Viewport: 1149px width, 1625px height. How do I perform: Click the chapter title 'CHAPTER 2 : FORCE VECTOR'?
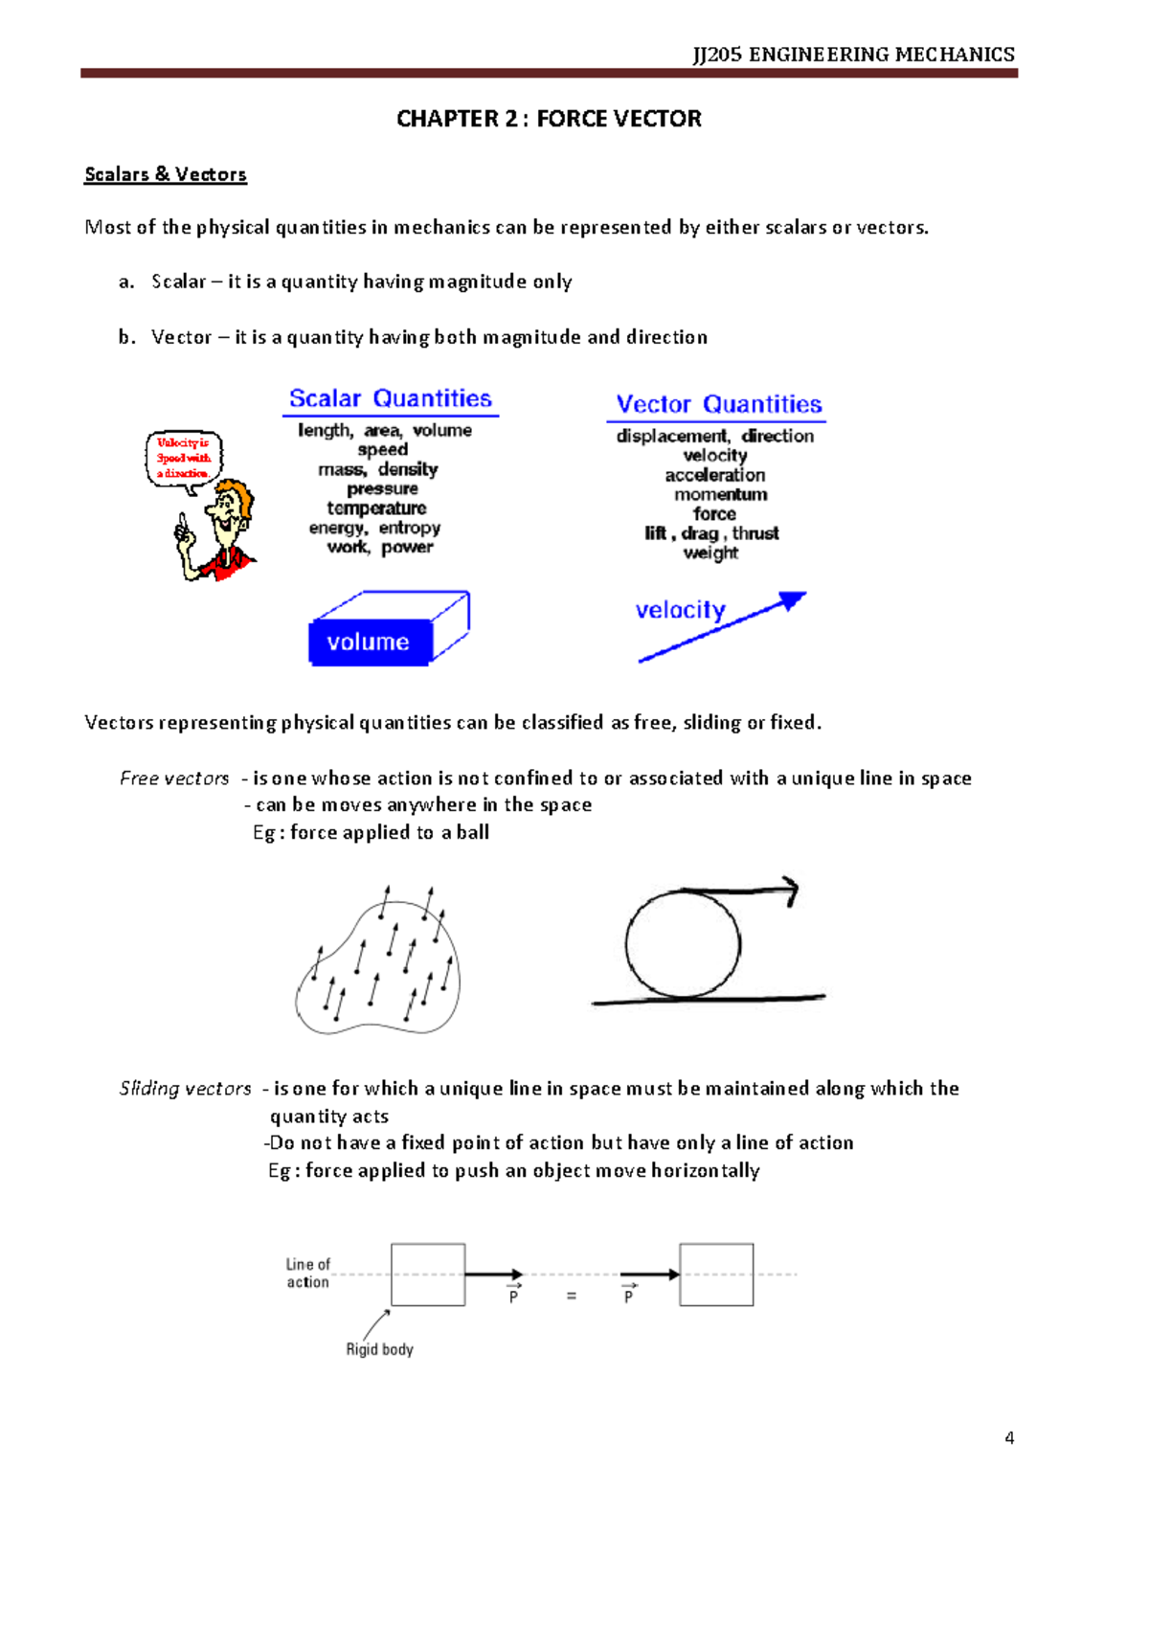tap(549, 119)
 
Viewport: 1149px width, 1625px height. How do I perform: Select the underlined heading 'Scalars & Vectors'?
tap(166, 174)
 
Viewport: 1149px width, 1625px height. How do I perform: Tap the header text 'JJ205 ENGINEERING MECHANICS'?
tap(853, 55)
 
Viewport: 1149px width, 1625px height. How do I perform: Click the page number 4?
tap(1009, 1437)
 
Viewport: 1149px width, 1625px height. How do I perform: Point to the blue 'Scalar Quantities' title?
tap(390, 398)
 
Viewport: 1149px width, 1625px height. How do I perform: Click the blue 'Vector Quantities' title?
tap(718, 404)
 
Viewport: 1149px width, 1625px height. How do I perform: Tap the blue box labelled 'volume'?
tap(370, 642)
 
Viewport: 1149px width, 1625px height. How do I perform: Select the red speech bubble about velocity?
tap(183, 458)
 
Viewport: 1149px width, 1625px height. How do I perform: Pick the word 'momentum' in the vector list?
tap(720, 494)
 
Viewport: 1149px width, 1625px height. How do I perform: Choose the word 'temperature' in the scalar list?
tap(376, 508)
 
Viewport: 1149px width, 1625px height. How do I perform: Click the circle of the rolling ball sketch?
tap(683, 944)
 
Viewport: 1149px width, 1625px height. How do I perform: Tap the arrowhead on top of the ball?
tap(791, 891)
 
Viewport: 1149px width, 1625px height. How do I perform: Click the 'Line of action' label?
tap(308, 1273)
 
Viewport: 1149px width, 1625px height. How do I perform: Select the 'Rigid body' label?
tap(379, 1349)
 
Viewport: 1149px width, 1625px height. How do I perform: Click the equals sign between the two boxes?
tap(572, 1297)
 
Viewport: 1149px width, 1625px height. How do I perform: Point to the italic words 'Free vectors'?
tap(174, 779)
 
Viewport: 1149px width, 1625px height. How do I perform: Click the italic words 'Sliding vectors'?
tap(185, 1089)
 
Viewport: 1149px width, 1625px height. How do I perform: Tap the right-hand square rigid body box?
tap(716, 1275)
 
